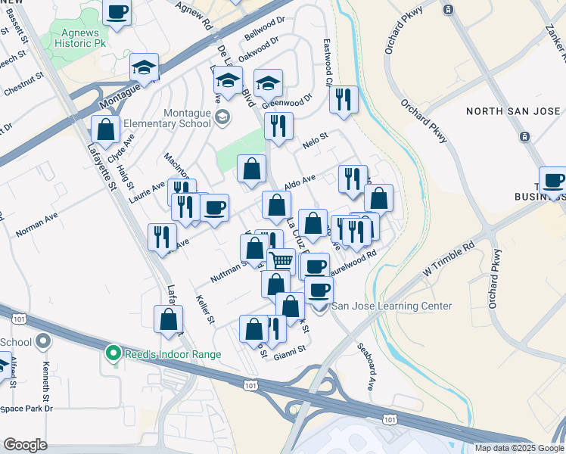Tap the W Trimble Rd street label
click(x=448, y=258)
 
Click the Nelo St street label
click(x=313, y=138)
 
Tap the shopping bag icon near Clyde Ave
click(x=106, y=129)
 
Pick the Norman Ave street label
click(x=36, y=226)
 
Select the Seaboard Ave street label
click(x=366, y=368)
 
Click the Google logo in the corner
click(x=25, y=445)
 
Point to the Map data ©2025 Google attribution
click(x=519, y=448)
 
